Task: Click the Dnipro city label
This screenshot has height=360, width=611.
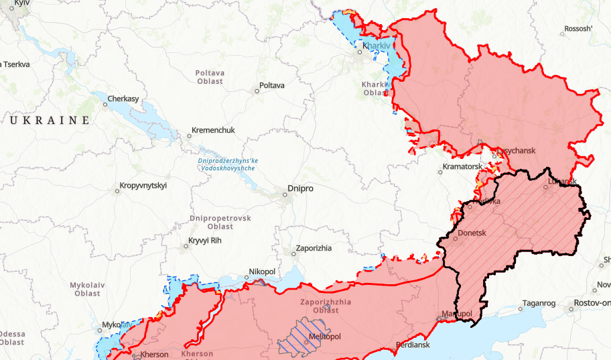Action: click(x=300, y=189)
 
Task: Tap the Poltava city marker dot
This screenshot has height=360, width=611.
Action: click(x=257, y=91)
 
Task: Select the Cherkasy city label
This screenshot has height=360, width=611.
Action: click(x=124, y=99)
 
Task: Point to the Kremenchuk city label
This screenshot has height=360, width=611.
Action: click(x=213, y=131)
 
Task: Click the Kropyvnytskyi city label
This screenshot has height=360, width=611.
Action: click(x=143, y=186)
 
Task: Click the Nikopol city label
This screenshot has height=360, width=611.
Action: click(x=262, y=272)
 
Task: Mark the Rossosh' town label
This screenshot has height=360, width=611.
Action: click(x=579, y=29)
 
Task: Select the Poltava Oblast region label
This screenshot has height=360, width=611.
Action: click(x=210, y=76)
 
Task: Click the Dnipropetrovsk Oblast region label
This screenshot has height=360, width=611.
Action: click(x=220, y=223)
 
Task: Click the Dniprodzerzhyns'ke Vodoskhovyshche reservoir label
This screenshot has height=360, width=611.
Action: click(x=228, y=164)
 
